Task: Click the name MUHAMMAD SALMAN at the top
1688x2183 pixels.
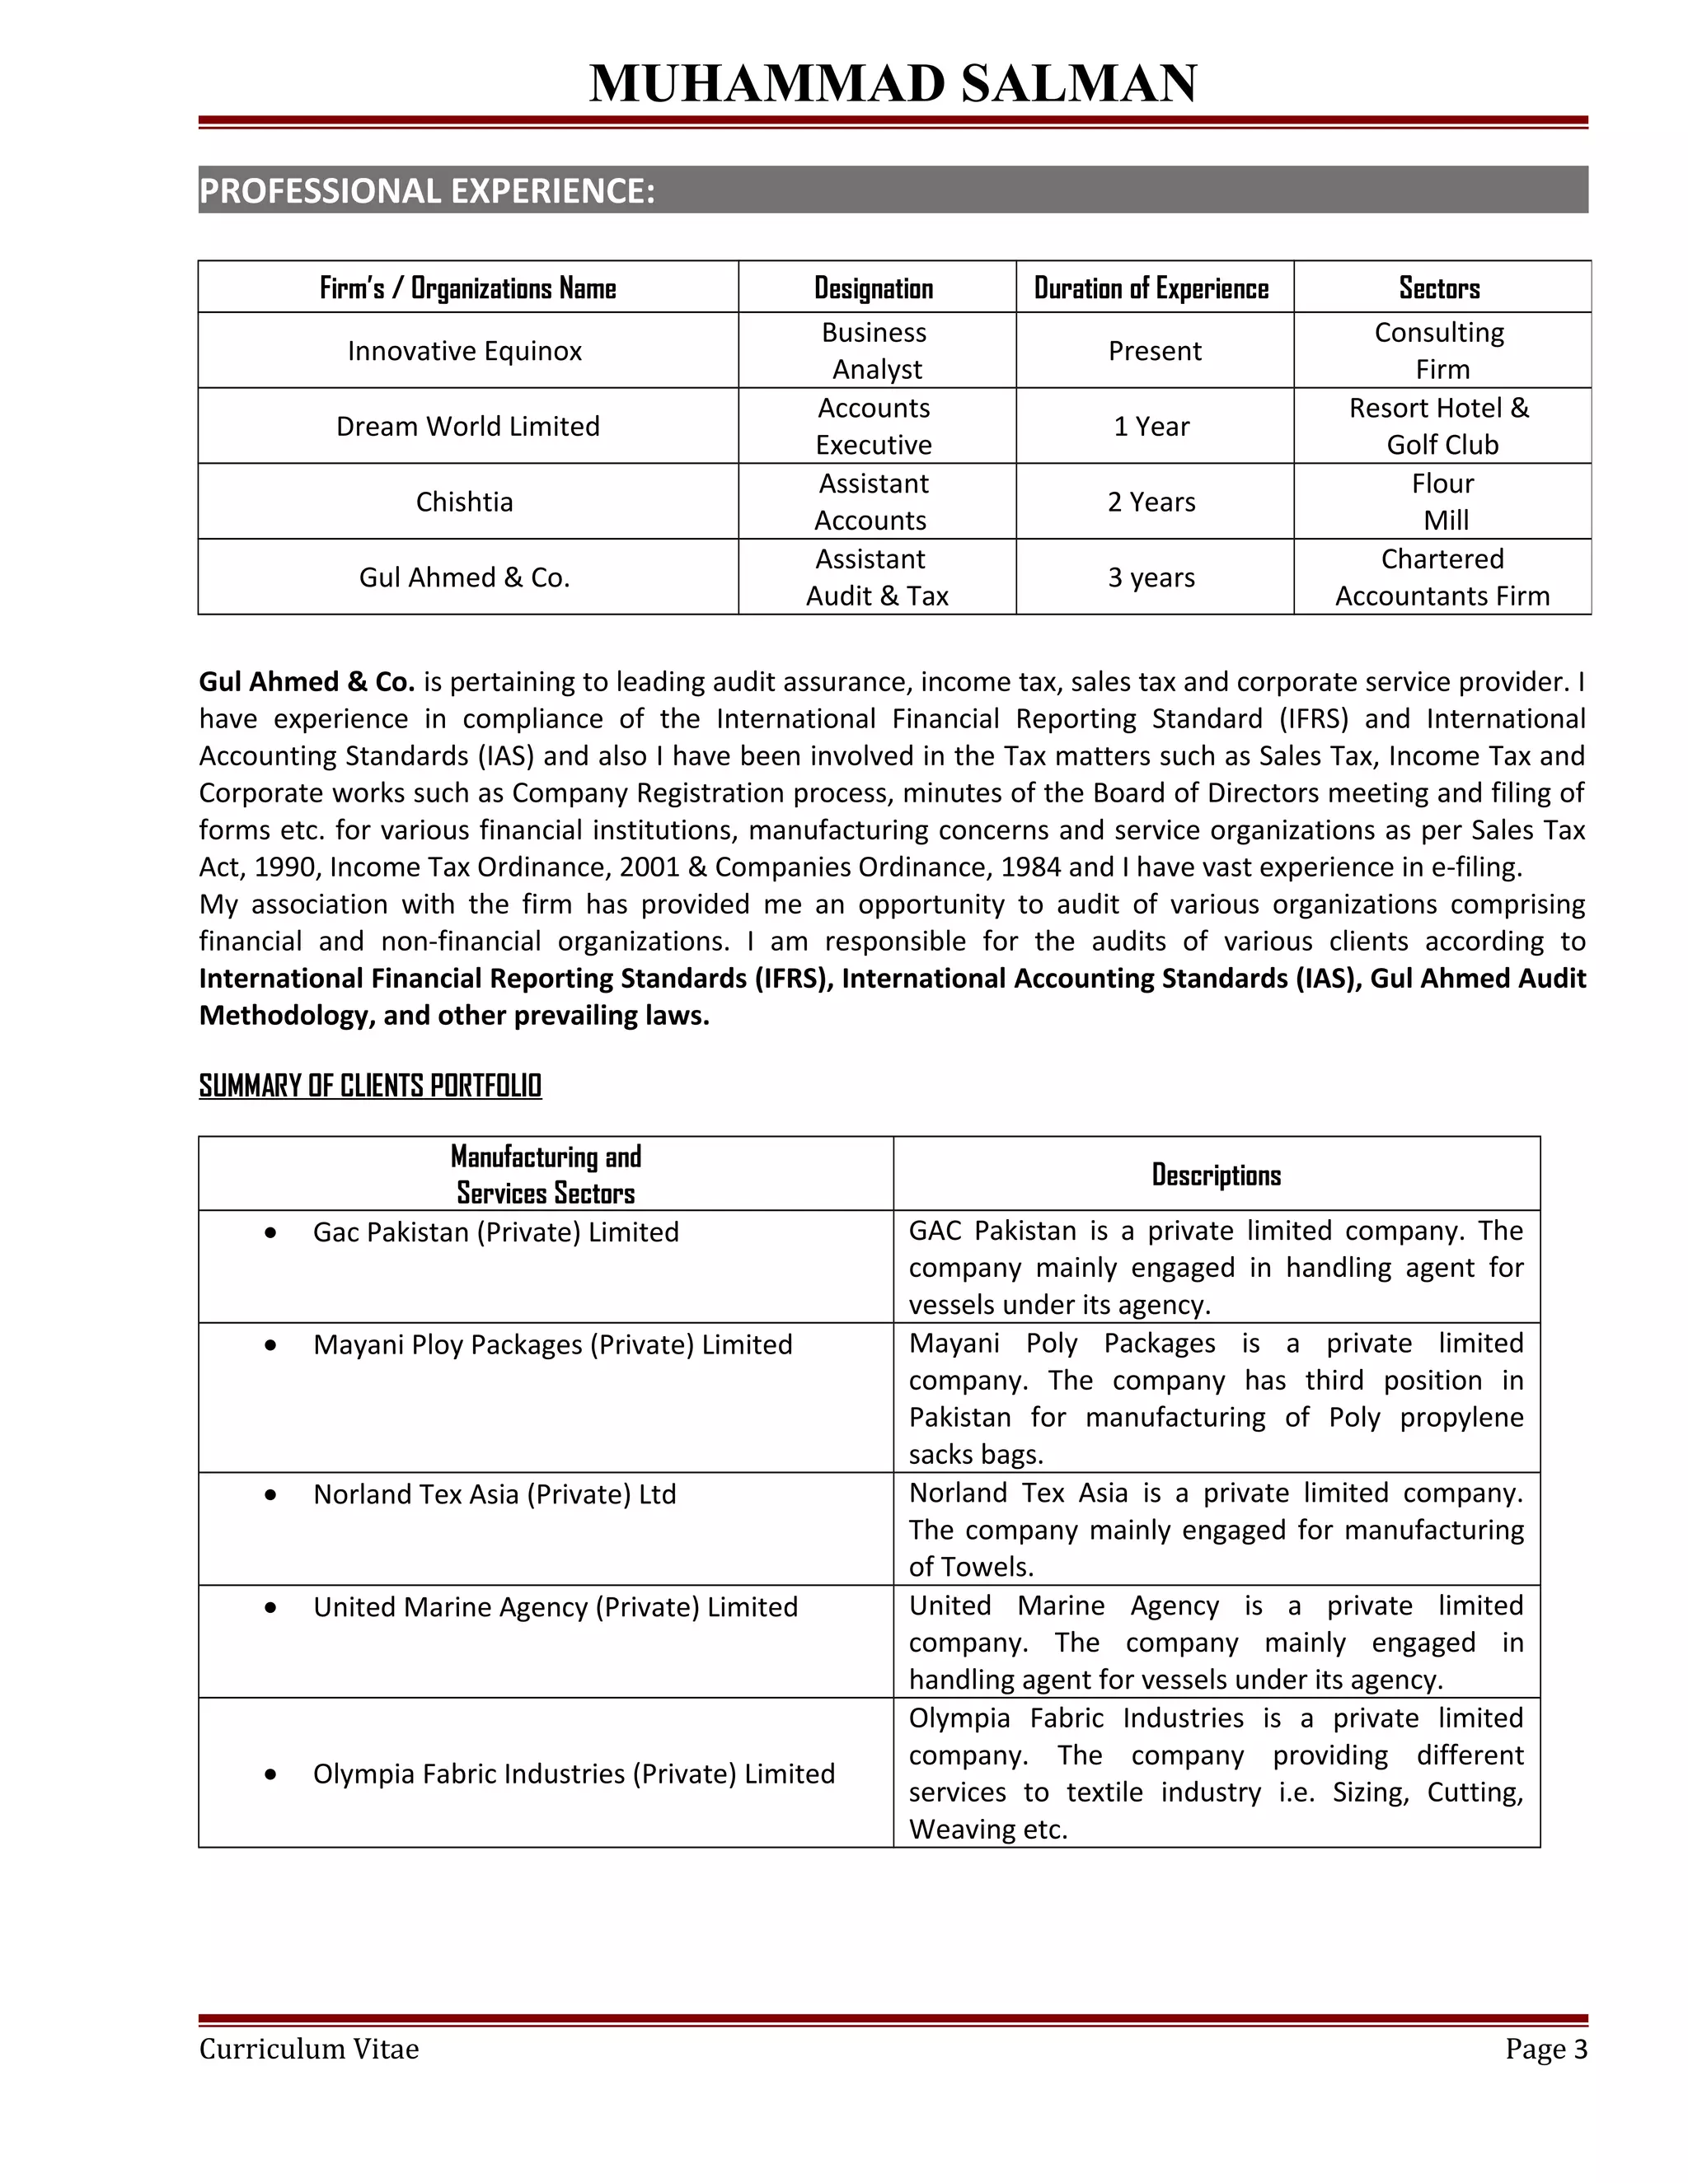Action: [892, 83]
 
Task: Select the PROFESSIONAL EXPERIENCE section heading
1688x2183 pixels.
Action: [427, 190]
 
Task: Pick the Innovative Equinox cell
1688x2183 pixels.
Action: [464, 351]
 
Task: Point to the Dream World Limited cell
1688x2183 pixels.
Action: [467, 426]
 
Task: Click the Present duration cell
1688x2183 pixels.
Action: [1154, 351]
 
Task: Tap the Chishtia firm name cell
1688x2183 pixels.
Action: [464, 502]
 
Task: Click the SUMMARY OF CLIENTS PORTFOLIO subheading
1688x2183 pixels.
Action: [370, 1086]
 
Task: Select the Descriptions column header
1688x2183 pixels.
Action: [1215, 1175]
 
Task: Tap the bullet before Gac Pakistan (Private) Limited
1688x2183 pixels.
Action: [271, 1233]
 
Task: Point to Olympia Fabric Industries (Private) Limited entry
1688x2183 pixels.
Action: [573, 1774]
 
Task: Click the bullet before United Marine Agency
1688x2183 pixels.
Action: [271, 1608]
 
